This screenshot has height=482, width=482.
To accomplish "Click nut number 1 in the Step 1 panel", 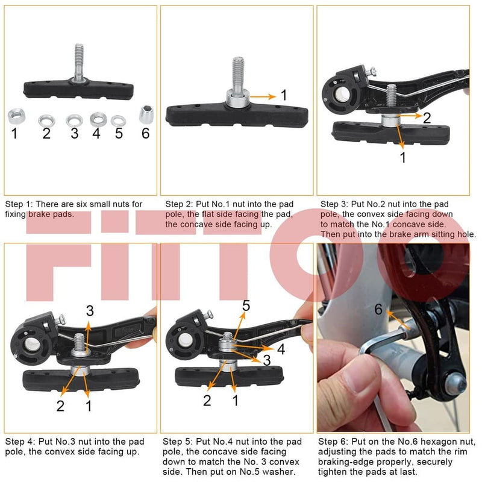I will (x=16, y=114).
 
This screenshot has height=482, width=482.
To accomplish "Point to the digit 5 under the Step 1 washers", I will (x=119, y=133).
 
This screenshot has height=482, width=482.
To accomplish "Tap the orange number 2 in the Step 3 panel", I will (x=427, y=117).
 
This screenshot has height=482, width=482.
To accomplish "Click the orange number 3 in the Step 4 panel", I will (x=90, y=311).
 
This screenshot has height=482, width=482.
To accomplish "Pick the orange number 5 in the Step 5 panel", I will (x=246, y=306).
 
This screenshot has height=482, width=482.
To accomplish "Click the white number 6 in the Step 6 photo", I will (x=378, y=309).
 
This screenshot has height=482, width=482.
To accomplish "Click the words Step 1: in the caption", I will (x=19, y=205).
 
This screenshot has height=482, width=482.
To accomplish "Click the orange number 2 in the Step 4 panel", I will (x=60, y=405).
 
